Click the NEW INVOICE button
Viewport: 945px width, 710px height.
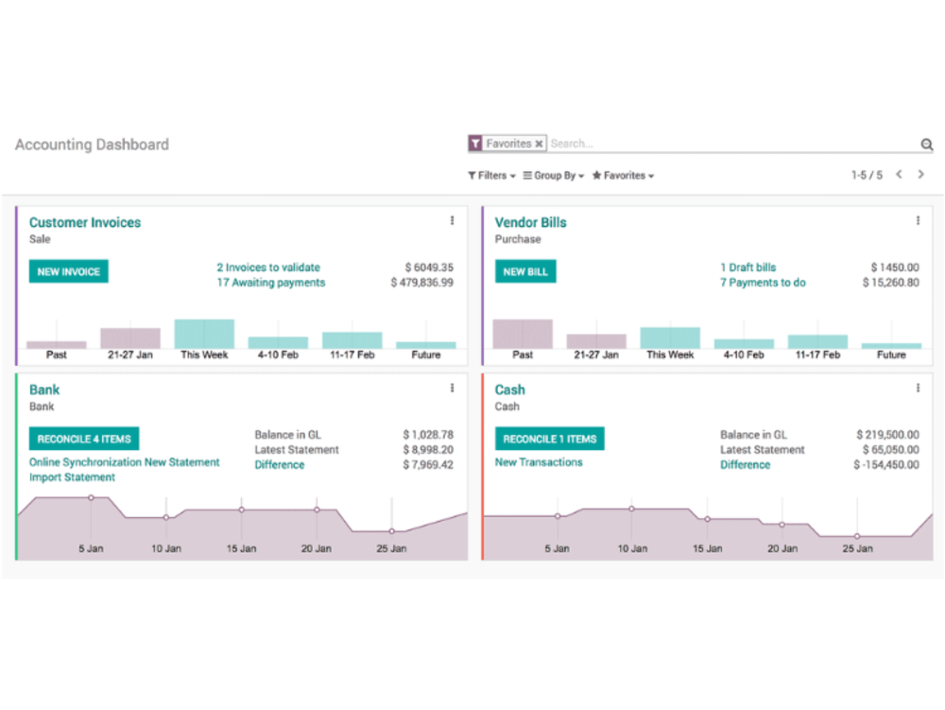click(69, 272)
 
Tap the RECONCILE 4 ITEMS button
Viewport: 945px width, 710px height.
click(84, 439)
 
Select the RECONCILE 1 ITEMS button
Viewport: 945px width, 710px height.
click(550, 439)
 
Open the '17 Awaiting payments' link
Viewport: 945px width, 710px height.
click(271, 283)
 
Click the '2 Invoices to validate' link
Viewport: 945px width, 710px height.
click(268, 267)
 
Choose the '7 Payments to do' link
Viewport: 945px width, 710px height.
click(763, 283)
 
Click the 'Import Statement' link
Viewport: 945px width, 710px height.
click(73, 477)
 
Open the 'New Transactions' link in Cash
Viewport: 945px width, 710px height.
click(539, 462)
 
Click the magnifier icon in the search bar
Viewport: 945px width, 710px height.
click(927, 144)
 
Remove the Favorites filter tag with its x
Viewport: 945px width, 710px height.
click(539, 144)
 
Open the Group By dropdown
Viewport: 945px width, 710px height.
click(554, 176)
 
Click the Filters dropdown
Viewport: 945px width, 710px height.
click(491, 176)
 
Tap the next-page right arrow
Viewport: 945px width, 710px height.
click(920, 174)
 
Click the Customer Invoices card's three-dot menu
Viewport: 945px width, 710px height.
click(452, 220)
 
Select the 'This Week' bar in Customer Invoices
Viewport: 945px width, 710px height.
click(204, 334)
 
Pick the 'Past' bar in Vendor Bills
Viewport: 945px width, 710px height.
click(523, 334)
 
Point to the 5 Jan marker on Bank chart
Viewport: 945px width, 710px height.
click(91, 498)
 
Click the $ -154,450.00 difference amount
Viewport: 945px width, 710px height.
click(886, 465)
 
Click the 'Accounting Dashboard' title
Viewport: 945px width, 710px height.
click(93, 145)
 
